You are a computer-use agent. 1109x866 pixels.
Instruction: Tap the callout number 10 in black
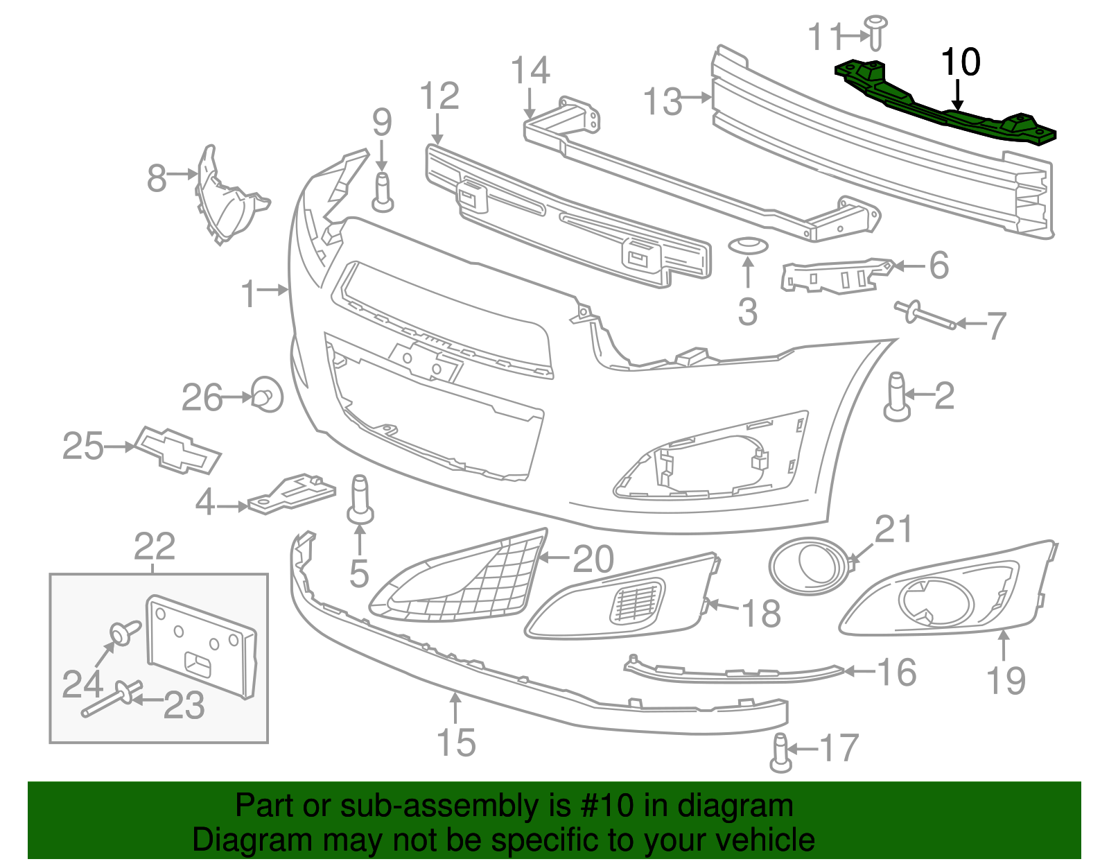point(960,62)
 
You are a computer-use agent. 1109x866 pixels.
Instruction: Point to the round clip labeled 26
point(267,395)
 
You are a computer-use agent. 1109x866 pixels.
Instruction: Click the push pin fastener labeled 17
point(780,753)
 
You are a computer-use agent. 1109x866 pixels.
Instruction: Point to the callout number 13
point(663,101)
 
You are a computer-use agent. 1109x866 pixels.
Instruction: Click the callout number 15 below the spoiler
point(456,743)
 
